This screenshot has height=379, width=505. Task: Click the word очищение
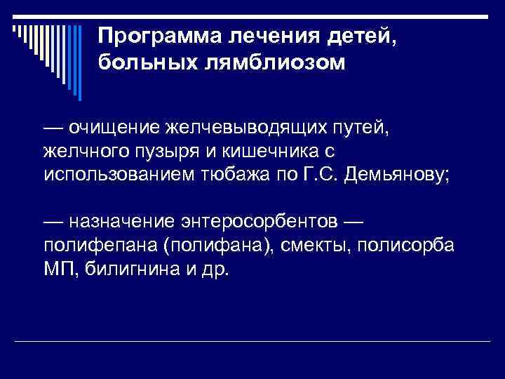114,129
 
